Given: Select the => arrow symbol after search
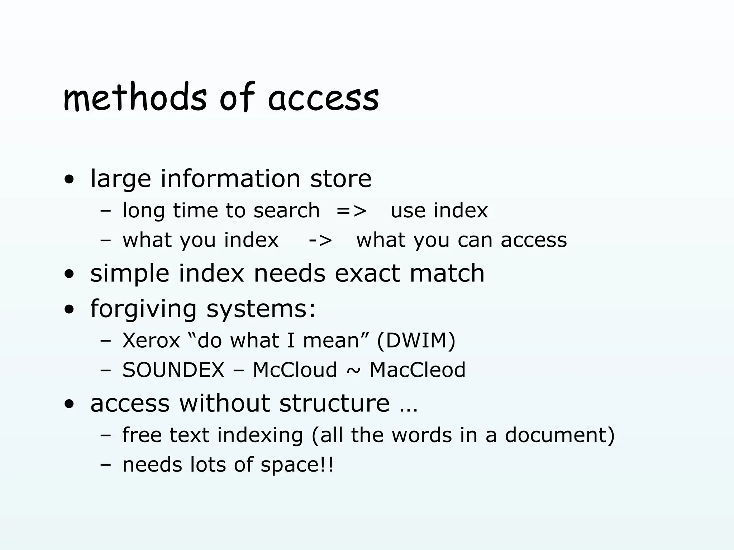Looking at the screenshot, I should tap(352, 211).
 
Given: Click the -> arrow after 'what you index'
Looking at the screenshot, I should tap(320, 240).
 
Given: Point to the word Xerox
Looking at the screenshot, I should tap(151, 340).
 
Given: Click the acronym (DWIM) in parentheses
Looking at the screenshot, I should tap(416, 340).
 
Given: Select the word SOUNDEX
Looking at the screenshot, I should tap(173, 370).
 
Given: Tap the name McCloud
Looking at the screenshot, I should tap(295, 370).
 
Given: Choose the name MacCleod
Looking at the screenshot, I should tap(418, 370).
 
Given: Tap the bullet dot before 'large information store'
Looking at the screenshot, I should tap(69, 180).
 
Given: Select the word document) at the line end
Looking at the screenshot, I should tap(560, 435).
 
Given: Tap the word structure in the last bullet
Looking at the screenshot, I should tap(334, 403).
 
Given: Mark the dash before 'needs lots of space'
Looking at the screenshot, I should tap(106, 466).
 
